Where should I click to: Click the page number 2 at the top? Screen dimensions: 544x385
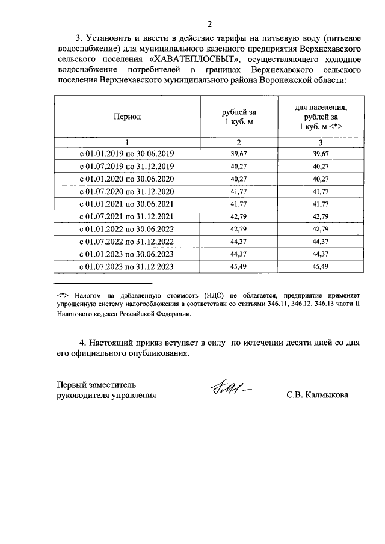[x=209, y=25]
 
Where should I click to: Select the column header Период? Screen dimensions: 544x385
[x=127, y=117]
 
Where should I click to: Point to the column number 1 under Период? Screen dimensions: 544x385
[x=127, y=142]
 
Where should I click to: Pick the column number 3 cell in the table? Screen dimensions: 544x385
[x=321, y=142]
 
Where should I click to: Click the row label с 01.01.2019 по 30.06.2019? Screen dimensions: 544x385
[x=127, y=154]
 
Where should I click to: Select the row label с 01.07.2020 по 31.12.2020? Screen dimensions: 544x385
[x=127, y=192]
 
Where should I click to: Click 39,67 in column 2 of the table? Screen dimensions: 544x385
[x=238, y=154]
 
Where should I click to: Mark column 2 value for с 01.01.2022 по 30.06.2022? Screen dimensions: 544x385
[x=238, y=229]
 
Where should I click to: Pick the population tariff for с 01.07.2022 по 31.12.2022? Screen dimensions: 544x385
[x=321, y=242]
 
